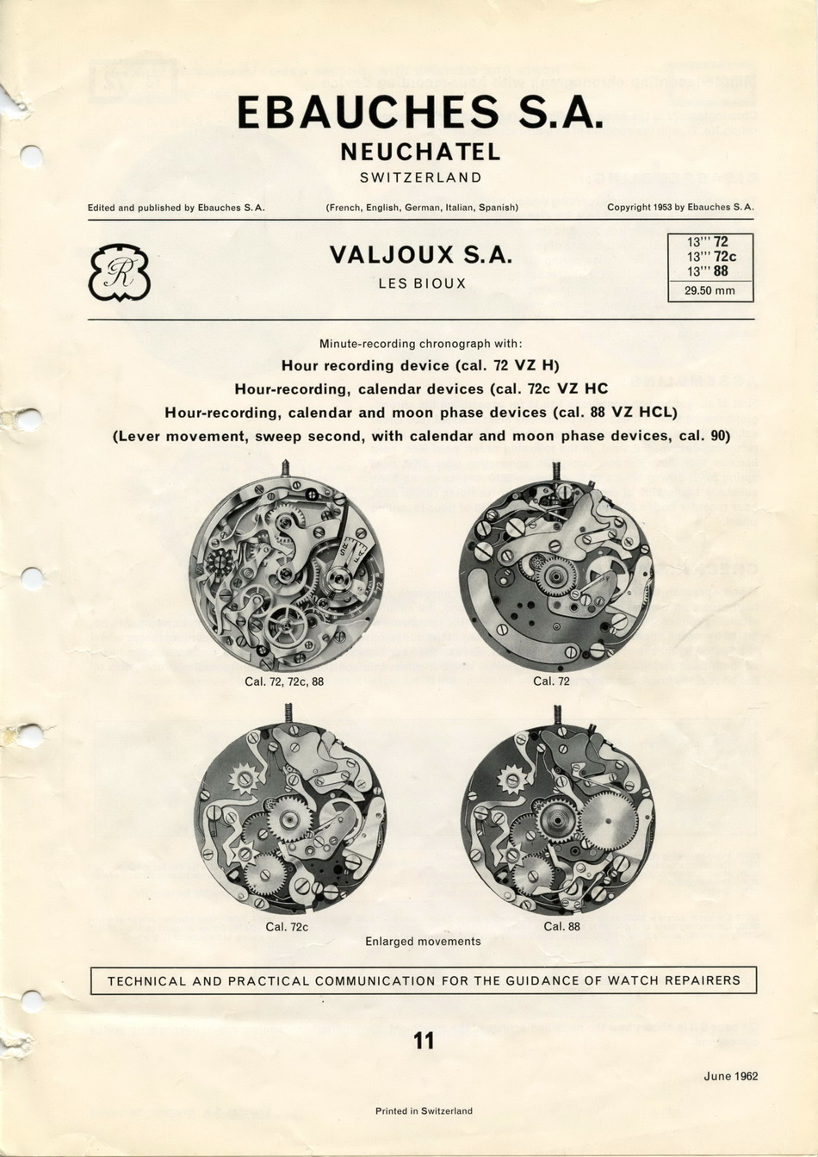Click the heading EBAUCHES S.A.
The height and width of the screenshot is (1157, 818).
point(419,113)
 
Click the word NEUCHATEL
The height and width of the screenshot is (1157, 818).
point(420,152)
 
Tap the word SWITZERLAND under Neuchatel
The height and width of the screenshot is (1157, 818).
point(420,177)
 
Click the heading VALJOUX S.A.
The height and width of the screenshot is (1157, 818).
point(421,256)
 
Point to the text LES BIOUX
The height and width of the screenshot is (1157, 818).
point(422,283)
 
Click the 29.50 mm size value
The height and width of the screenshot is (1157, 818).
point(710,291)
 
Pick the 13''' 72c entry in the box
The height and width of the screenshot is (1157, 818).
point(711,257)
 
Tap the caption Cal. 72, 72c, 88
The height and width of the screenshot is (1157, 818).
point(284,681)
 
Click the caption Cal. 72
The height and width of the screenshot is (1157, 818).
point(551,681)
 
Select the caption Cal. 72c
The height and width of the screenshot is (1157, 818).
point(287,927)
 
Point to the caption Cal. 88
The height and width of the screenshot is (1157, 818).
point(561,927)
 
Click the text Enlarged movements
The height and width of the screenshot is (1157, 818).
point(423,942)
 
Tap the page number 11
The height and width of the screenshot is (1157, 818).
point(424,1042)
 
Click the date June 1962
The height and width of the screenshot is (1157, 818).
point(730,1076)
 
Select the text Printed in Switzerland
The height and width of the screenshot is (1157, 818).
point(424,1111)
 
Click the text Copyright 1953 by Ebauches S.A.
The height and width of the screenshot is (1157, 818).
point(680,208)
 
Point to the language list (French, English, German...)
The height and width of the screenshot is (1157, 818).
point(422,208)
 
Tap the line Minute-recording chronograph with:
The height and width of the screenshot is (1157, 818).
point(421,344)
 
